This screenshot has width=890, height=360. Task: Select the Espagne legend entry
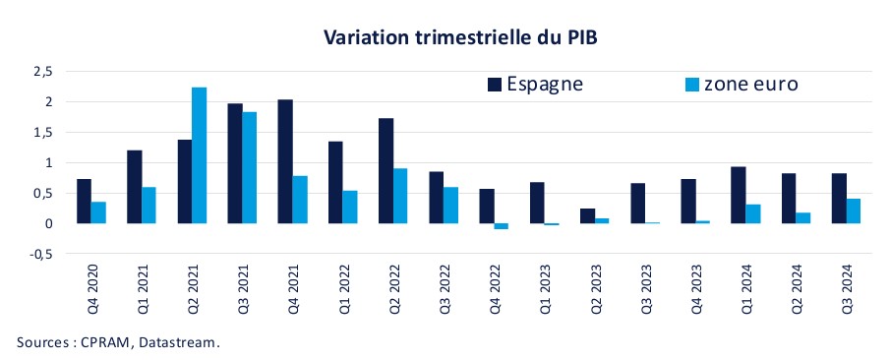(x=535, y=84)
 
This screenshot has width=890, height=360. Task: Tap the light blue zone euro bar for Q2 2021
(x=199, y=155)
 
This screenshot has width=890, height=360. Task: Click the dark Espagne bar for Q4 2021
(x=284, y=161)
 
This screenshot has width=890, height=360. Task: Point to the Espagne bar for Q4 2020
(x=85, y=201)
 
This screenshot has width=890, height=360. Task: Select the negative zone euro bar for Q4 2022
(x=501, y=226)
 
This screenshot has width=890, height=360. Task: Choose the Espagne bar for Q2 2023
(x=587, y=215)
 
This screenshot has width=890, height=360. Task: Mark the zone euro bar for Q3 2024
(x=854, y=210)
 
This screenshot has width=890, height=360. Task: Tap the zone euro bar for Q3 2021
(x=251, y=167)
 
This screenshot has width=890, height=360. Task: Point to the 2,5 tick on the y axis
(x=41, y=72)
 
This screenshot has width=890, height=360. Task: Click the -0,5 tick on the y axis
(x=40, y=254)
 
